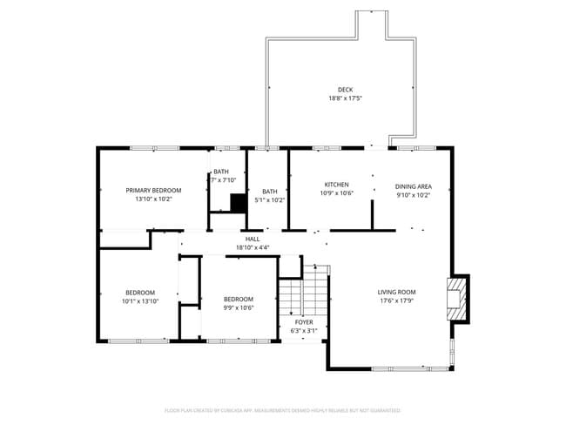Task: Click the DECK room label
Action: [346, 90]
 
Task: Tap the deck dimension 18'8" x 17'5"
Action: [346, 98]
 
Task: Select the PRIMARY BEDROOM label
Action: [153, 190]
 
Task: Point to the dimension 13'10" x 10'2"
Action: [153, 199]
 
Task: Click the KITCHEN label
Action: [337, 185]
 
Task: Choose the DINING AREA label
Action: [413, 186]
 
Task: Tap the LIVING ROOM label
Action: [396, 292]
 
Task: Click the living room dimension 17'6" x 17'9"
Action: [396, 300]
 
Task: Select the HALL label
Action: [253, 239]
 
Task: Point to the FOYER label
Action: [303, 321]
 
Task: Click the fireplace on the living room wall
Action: [455, 299]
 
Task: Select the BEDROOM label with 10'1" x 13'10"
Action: [140, 292]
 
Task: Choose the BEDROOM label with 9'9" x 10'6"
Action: [239, 298]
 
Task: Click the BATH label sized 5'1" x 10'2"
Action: [270, 192]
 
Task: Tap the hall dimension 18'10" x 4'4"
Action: [253, 247]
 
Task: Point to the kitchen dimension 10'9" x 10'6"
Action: [337, 193]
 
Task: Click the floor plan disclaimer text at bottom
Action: [283, 409]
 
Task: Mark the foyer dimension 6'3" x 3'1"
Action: [303, 330]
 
